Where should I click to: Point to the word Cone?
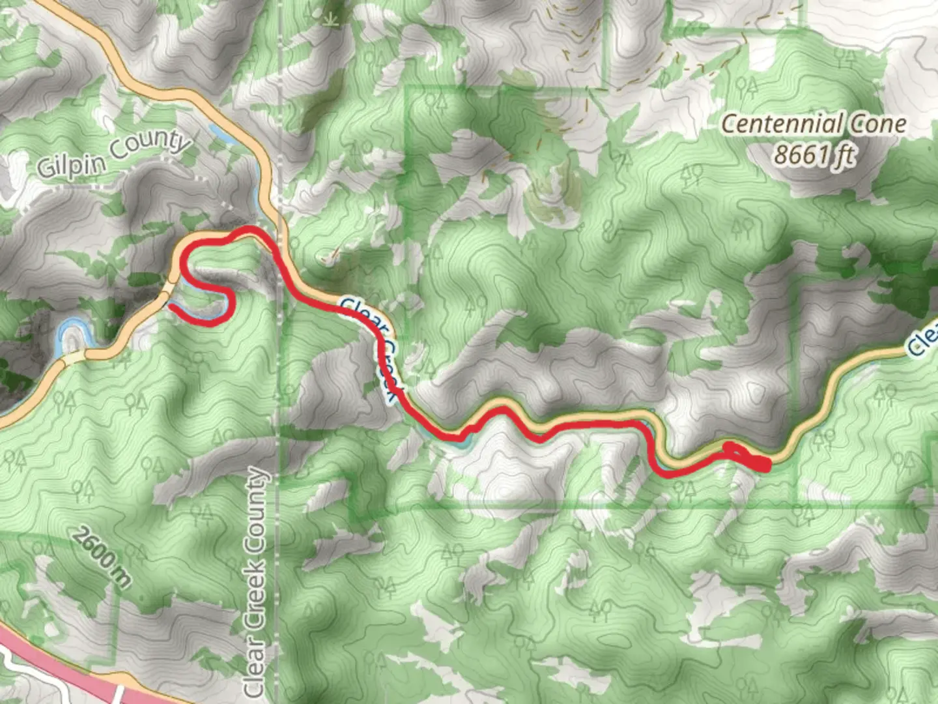[877, 124]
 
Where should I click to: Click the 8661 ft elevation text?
[814, 155]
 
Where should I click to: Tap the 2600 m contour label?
[101, 558]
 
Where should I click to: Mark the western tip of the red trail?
[171, 304]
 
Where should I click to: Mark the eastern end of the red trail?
[769, 464]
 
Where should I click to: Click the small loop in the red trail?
[733, 450]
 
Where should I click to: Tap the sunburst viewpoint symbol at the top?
[333, 17]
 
